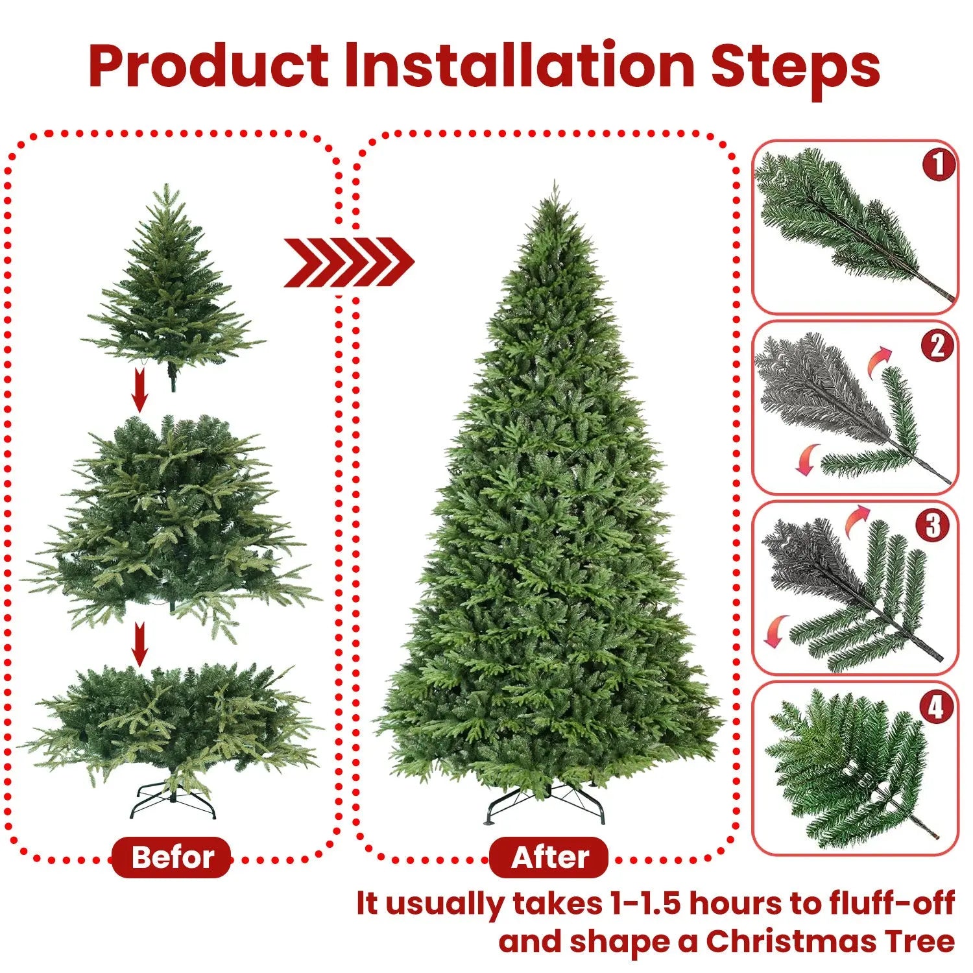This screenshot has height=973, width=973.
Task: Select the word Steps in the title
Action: point(795,67)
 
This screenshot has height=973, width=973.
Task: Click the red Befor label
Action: point(172,857)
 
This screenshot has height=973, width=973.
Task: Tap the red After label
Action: point(549,857)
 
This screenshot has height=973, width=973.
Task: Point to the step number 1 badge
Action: point(938,165)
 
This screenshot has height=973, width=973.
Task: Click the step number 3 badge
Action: point(933,525)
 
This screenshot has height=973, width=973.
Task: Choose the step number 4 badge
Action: point(935,707)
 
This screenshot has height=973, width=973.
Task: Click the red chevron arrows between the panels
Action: point(348,262)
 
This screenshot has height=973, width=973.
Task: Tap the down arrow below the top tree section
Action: point(139,392)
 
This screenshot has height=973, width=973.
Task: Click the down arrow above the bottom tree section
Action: point(139,644)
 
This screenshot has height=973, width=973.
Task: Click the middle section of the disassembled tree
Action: point(170,519)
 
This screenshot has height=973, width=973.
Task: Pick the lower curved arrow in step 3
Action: point(776,631)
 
